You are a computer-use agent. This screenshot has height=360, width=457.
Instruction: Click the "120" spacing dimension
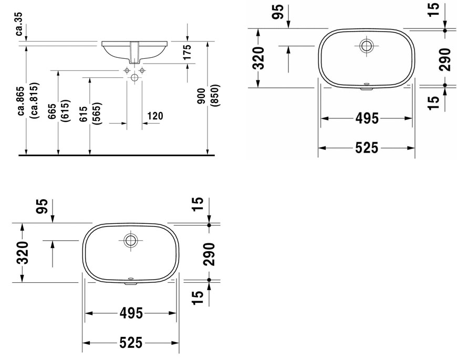pyautogui.click(x=155, y=116)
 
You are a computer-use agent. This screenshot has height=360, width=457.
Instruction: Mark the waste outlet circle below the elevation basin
pyautogui.click(x=134, y=78)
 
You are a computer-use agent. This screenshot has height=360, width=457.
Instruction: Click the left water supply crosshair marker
pyautogui.click(x=127, y=70)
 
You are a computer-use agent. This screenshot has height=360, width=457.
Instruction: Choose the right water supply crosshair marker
pyautogui.click(x=142, y=70)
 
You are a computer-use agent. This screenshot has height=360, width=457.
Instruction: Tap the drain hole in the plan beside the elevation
pyautogui.click(x=366, y=46)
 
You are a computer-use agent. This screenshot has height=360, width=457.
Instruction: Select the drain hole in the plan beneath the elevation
pyautogui.click(x=130, y=241)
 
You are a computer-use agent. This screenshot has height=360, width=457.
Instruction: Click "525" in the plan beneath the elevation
pyautogui.click(x=130, y=343)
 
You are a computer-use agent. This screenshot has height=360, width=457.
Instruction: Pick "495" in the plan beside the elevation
pyautogui.click(x=366, y=119)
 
